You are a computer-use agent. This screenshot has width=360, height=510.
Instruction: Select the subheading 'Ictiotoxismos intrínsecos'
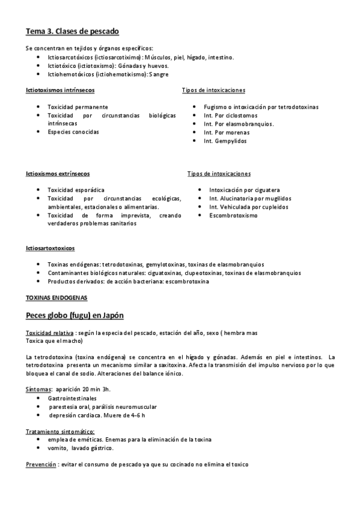59,90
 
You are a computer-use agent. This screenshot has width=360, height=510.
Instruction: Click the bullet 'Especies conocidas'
73,131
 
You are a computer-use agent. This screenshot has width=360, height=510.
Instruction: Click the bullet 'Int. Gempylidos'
225,141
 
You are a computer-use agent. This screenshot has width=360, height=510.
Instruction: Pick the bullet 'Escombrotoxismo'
233,215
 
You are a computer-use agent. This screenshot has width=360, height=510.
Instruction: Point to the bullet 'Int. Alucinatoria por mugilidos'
250,198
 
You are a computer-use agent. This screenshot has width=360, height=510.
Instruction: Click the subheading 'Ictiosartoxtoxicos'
50,248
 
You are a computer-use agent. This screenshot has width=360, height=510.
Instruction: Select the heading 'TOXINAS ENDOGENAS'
57,297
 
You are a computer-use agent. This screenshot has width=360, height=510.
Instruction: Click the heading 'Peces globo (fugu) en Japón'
75,315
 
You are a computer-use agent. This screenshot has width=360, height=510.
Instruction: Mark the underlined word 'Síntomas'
38,390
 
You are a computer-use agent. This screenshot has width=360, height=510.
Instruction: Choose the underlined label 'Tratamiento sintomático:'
60,431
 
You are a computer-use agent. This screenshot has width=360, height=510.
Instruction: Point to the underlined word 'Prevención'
41,464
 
